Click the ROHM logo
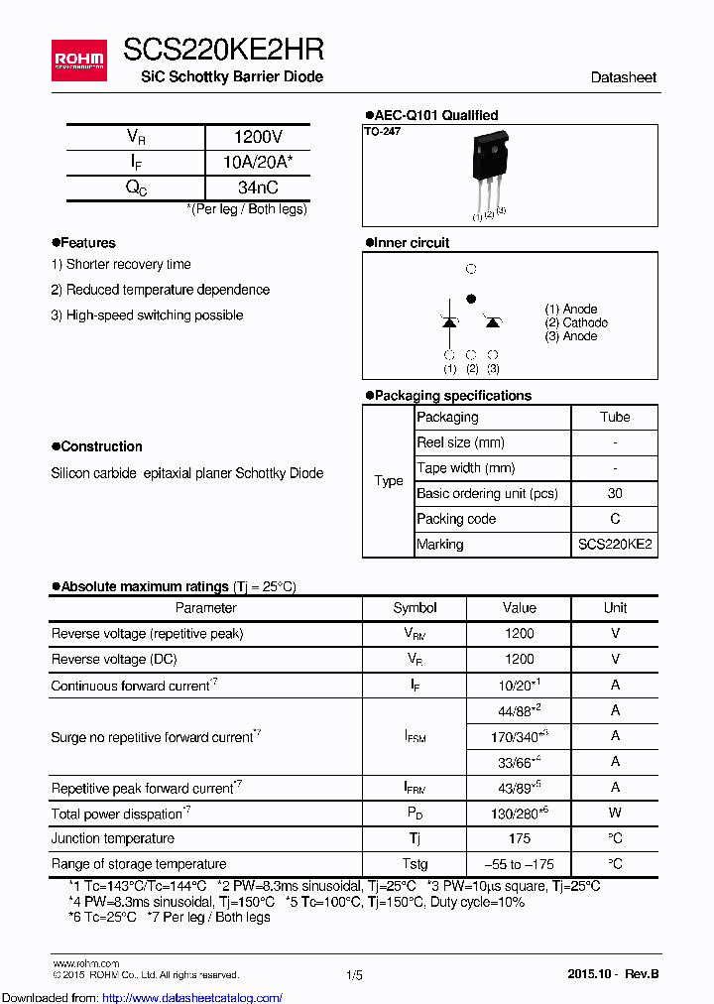click(78, 61)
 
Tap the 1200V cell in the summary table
click(258, 137)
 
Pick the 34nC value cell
click(258, 188)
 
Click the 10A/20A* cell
click(258, 163)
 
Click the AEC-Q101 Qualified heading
click(431, 115)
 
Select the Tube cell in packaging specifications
click(614, 418)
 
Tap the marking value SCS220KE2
click(614, 545)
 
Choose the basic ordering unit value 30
click(614, 494)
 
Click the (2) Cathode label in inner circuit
click(575, 323)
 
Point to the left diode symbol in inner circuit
click(449, 321)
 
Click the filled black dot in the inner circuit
click(471, 298)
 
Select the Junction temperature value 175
click(519, 839)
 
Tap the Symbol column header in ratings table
click(415, 608)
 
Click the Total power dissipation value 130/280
click(519, 814)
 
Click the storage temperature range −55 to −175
click(519, 864)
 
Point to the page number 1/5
click(354, 975)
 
